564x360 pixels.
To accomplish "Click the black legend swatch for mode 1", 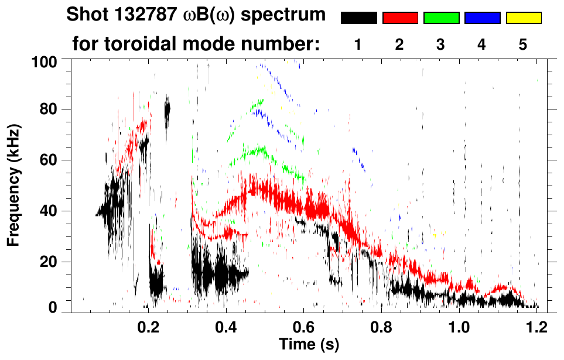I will tap(358, 18).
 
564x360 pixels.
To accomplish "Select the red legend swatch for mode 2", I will tap(400, 18).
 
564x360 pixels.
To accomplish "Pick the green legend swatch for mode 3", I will tap(441, 18).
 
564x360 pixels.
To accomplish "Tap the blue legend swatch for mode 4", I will tap(482, 18).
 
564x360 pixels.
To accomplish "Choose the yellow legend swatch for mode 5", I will tap(524, 18).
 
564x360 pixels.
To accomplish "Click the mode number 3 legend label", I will tap(441, 44).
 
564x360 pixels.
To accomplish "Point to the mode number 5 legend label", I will tap(524, 44).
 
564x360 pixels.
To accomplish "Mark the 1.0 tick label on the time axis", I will tap(459, 327).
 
